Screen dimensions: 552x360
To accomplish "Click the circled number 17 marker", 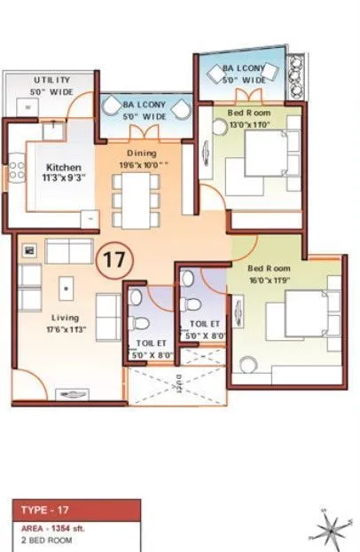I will coord(114,261).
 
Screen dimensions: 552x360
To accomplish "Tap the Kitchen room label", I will coord(64,172).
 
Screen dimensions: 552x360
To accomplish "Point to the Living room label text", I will coord(65,323).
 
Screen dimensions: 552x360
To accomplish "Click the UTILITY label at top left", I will coord(51,84).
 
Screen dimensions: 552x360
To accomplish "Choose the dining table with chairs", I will coord(137,196).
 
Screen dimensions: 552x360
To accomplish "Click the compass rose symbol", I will coord(327,529).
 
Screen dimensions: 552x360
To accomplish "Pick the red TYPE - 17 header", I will coord(75,510).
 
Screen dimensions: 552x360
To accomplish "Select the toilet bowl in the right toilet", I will coord(188,279).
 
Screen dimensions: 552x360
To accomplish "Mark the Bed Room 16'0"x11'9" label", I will coord(269,273).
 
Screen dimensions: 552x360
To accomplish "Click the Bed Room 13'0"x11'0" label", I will coord(248,118).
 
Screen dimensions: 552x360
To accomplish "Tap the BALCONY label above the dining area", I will coord(143,109).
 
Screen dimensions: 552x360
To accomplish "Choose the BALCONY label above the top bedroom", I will coord(241,74).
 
